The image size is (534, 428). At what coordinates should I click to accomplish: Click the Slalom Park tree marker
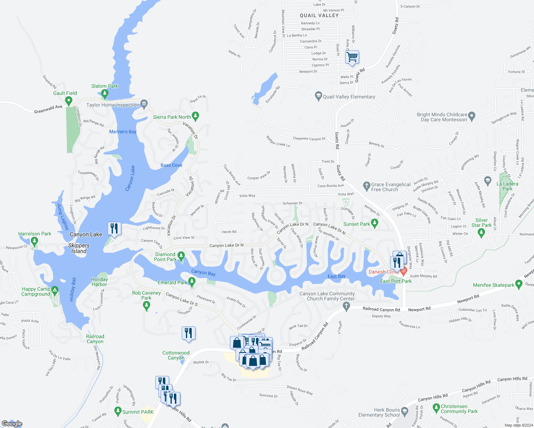pyautogui.click(x=105, y=94)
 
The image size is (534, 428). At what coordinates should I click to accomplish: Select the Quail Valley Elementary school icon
pyautogui.click(x=318, y=96)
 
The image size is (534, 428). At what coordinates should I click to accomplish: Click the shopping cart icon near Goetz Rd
pyautogui.click(x=352, y=57)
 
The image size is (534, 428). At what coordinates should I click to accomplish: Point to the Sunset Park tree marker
pyautogui.click(x=374, y=224)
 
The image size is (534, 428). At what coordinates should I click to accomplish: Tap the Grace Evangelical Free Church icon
pyautogui.click(x=366, y=185)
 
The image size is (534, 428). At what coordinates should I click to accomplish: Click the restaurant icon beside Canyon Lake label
pyautogui.click(x=114, y=228)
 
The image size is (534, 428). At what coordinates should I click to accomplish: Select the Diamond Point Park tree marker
pyautogui.click(x=181, y=256)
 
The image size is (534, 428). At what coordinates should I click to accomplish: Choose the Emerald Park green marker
pyautogui.click(x=192, y=282)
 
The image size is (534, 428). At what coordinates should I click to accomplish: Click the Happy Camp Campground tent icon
pyautogui.click(x=55, y=291)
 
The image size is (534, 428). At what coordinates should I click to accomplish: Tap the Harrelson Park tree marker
pyautogui.click(x=34, y=241)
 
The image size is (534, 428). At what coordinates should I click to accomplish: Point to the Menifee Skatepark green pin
pyautogui.click(x=519, y=284)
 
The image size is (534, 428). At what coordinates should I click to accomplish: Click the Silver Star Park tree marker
pyautogui.click(x=481, y=233)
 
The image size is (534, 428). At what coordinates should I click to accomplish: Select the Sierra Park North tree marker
pyautogui.click(x=195, y=116)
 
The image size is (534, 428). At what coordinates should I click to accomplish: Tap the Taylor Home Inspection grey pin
pyautogui.click(x=144, y=104)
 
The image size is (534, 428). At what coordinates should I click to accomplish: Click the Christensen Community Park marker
pyautogui.click(x=436, y=407)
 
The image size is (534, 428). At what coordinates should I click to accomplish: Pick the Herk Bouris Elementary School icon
pyautogui.click(x=404, y=411)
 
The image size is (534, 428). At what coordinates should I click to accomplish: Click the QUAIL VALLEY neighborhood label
pyautogui.click(x=319, y=15)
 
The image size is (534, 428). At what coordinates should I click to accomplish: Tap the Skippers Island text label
pyautogui.click(x=79, y=248)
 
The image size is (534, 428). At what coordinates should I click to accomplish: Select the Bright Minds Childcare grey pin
pyautogui.click(x=472, y=116)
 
